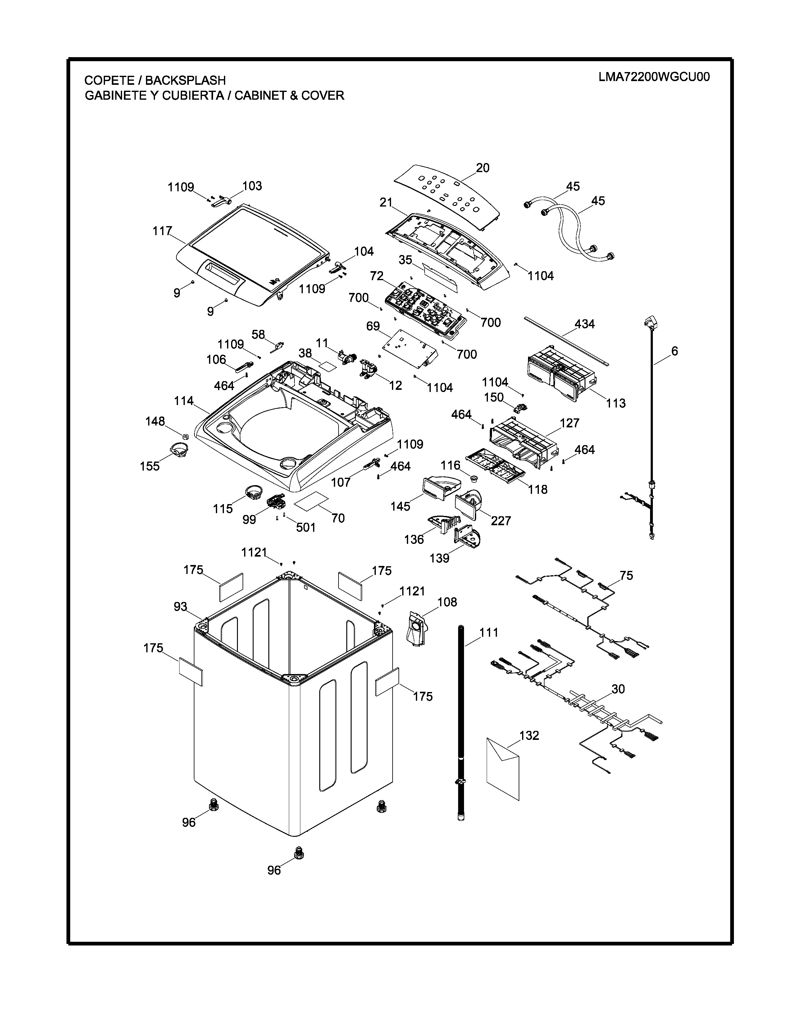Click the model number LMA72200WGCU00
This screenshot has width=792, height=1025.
653,77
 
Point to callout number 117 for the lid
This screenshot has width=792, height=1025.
162,231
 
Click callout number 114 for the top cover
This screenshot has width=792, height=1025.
184,401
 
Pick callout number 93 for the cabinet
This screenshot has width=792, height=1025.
180,607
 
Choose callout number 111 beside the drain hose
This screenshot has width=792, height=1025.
489,633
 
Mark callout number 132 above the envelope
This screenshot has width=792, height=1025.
529,736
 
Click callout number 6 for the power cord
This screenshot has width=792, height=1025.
674,351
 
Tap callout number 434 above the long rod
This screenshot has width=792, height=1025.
584,324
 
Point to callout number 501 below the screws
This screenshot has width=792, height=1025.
305,527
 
